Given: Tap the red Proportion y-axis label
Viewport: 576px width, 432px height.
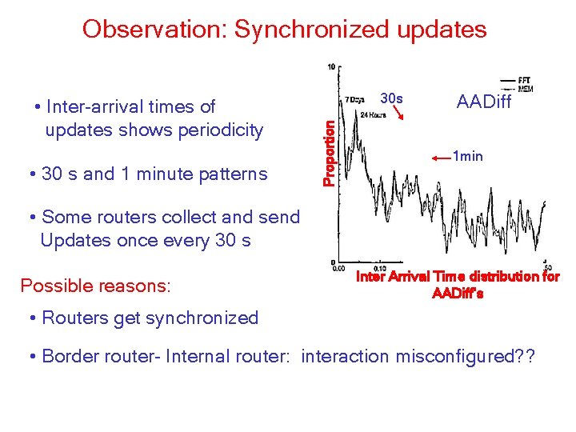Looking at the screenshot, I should pyautogui.click(x=329, y=147).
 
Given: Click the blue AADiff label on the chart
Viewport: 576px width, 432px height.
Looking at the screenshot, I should pyautogui.click(x=483, y=102).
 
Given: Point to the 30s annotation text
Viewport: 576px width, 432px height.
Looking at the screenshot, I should pyautogui.click(x=391, y=99).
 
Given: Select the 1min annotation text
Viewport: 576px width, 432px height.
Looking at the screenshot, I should pyautogui.click(x=467, y=156).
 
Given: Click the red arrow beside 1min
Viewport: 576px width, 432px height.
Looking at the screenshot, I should pyautogui.click(x=441, y=159).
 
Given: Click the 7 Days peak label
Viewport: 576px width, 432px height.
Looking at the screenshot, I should pyautogui.click(x=353, y=100).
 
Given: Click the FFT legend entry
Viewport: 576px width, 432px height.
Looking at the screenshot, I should pyautogui.click(x=525, y=80).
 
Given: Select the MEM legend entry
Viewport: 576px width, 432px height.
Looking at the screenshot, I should pyautogui.click(x=525, y=88).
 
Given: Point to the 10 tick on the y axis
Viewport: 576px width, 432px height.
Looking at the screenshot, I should pyautogui.click(x=331, y=67).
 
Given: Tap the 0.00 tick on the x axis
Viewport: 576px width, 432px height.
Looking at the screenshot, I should pyautogui.click(x=338, y=268).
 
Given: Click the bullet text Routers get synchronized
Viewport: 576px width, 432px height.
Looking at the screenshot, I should pyautogui.click(x=150, y=318).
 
